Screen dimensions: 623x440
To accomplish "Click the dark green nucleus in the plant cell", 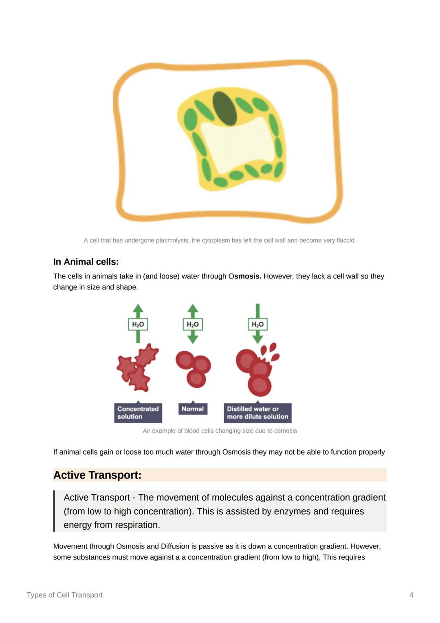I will [x=225, y=108].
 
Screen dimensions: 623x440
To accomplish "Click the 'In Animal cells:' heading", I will [x=86, y=262].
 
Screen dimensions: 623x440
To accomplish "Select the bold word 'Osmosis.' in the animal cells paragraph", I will [x=245, y=276].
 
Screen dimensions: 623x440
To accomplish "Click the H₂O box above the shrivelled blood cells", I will [x=138, y=324].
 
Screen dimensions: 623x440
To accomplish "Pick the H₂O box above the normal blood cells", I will [x=193, y=324].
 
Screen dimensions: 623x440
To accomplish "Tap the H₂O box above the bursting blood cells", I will [x=257, y=324].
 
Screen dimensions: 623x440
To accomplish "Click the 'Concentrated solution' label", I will [x=138, y=413].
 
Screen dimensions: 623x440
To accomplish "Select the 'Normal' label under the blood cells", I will [x=193, y=409].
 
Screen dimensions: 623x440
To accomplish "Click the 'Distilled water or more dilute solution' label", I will [x=257, y=413].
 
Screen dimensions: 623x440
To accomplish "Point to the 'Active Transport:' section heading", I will [x=97, y=475].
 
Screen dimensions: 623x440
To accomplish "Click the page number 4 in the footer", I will [x=411, y=595].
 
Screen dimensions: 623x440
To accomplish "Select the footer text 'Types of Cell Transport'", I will [x=65, y=595].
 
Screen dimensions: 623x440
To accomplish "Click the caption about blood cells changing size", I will [x=220, y=431].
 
